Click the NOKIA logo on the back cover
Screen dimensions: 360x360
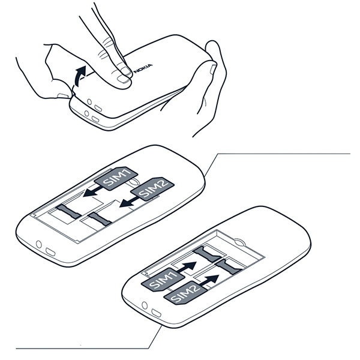(143, 68)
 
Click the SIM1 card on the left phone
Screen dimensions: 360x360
(116, 178)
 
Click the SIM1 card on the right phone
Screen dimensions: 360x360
(163, 279)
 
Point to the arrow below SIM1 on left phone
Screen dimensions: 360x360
(93, 191)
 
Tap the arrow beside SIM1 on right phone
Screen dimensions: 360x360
(187, 267)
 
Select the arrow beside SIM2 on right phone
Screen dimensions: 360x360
(209, 280)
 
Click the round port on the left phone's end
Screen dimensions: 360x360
(39, 244)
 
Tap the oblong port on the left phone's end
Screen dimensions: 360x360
(50, 251)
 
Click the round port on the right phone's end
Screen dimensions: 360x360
(145, 305)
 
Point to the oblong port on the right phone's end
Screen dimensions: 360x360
(156, 313)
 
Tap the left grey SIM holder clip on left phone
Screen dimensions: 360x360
(68, 211)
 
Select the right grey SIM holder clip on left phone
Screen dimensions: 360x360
(100, 218)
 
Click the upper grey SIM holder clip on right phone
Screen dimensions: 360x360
(208, 254)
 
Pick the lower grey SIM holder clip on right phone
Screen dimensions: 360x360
(229, 267)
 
